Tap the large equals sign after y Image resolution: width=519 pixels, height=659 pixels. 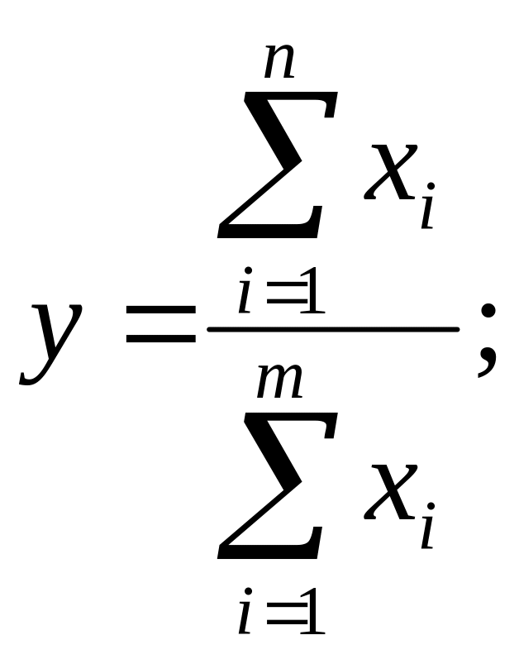(160, 326)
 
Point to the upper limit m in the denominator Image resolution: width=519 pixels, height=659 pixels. (279, 382)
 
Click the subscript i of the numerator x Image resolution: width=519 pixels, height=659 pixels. (426, 211)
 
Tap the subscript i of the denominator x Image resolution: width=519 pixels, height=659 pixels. (426, 529)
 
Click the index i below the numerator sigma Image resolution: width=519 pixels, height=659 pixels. (245, 295)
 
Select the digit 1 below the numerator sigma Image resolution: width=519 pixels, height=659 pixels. (312, 295)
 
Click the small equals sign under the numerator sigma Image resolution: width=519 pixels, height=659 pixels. (283, 298)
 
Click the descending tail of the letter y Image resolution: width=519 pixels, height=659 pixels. (33, 376)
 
